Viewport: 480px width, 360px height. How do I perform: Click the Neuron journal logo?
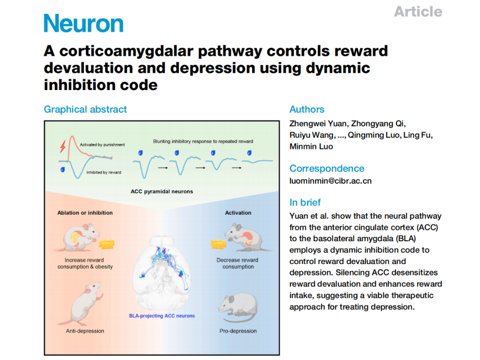click(x=83, y=23)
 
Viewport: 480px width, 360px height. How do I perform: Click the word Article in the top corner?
click(x=418, y=11)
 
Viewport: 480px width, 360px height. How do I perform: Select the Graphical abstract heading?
click(x=85, y=109)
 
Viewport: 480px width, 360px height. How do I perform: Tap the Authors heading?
click(x=307, y=109)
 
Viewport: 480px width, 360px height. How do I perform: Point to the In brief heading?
click(x=305, y=202)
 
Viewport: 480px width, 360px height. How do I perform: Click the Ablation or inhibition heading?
click(x=85, y=212)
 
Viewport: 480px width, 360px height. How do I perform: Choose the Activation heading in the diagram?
click(x=238, y=212)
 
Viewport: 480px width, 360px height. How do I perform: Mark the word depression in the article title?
click(x=202, y=67)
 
